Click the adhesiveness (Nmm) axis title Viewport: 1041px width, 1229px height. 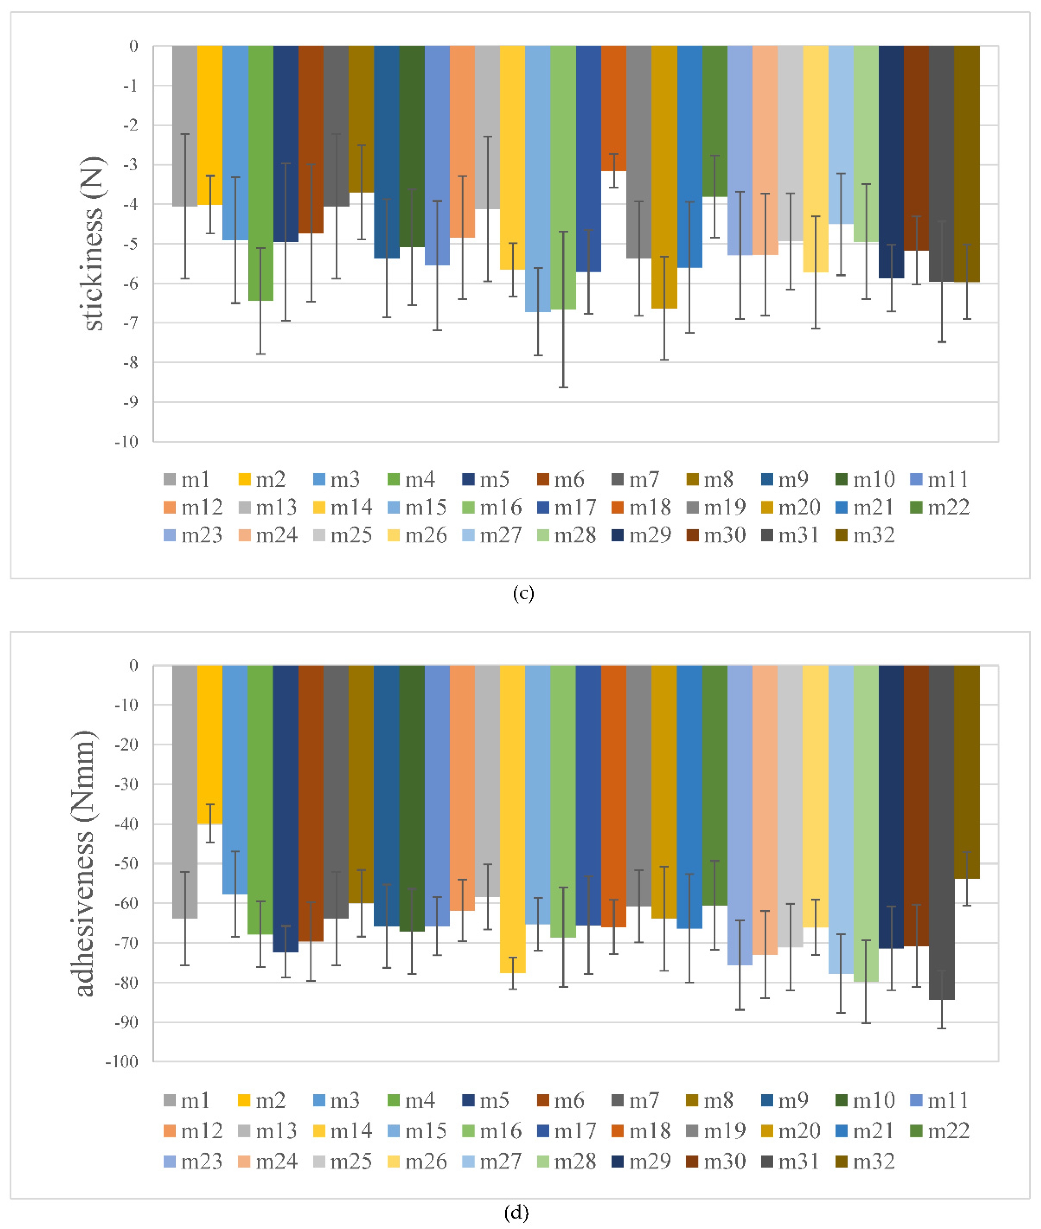pyautogui.click(x=84, y=863)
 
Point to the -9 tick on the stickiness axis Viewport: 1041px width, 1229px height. pyautogui.click(x=131, y=402)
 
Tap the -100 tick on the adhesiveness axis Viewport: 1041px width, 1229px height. pyautogui.click(x=122, y=1062)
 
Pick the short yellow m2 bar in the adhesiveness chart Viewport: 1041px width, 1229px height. pyautogui.click(x=209, y=745)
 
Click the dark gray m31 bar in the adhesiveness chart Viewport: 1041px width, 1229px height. pyautogui.click(x=941, y=832)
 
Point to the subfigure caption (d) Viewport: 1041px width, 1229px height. pyautogui.click(x=516, y=1213)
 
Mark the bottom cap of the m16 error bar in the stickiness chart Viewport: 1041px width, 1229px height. pyautogui.click(x=564, y=387)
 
